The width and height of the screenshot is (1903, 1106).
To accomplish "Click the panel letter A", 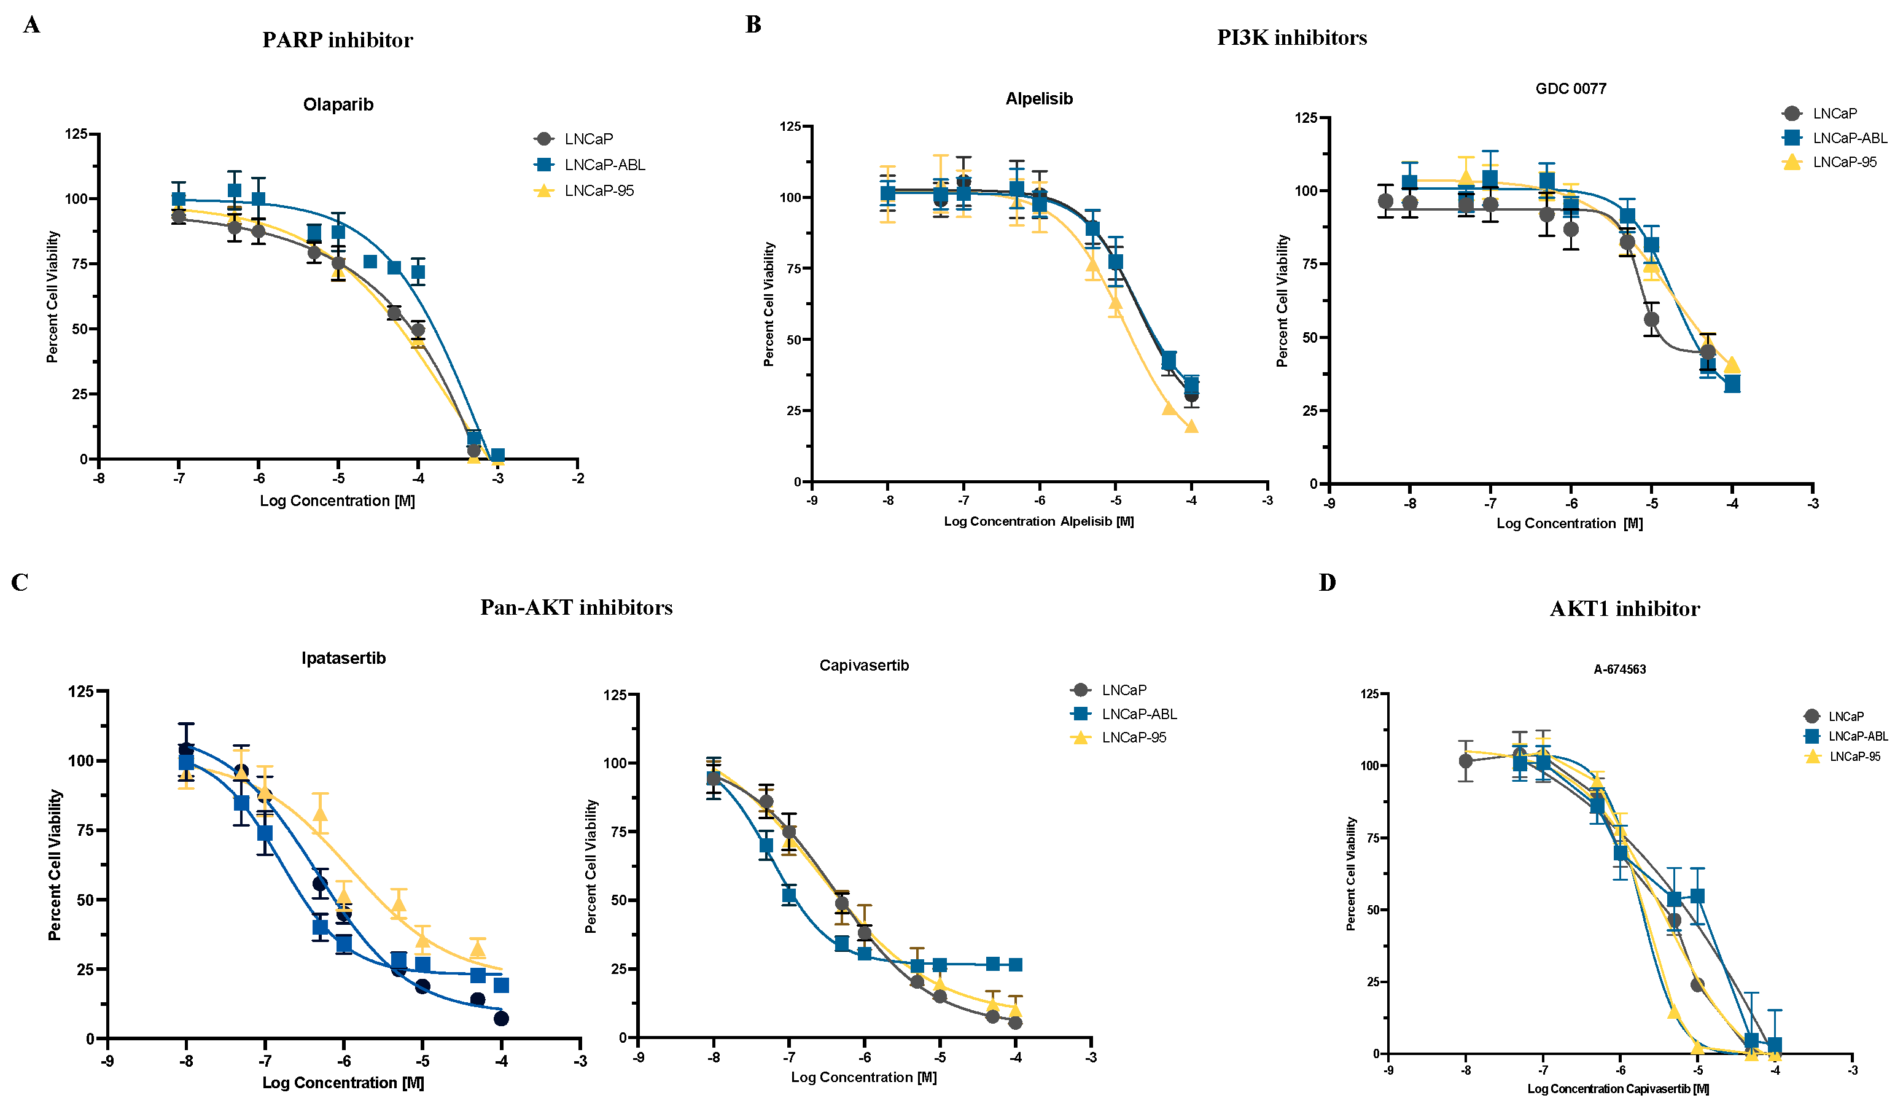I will point(31,26).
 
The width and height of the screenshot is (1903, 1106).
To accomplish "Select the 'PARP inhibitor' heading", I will point(338,40).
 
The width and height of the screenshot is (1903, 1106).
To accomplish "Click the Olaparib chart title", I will point(338,105).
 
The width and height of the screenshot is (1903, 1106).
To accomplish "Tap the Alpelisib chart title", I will point(1038,99).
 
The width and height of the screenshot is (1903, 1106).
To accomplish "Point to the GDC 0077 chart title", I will point(1571,89).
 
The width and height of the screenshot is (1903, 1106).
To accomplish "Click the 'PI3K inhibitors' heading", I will point(1291,37).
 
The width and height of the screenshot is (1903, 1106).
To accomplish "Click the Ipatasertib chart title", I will point(344,658).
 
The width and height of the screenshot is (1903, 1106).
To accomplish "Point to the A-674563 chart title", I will point(1619,669).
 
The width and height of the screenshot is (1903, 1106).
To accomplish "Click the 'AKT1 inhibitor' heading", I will point(1624,609).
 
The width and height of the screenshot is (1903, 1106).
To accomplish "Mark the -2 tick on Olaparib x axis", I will point(578,478).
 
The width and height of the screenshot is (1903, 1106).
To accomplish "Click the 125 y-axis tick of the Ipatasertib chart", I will point(81,691).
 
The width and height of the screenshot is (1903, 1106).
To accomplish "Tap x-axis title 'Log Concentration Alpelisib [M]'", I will point(1038,521).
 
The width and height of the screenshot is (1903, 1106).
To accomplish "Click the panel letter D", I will point(1327,583).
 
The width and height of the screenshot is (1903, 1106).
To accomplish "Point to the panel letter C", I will point(20,583).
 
